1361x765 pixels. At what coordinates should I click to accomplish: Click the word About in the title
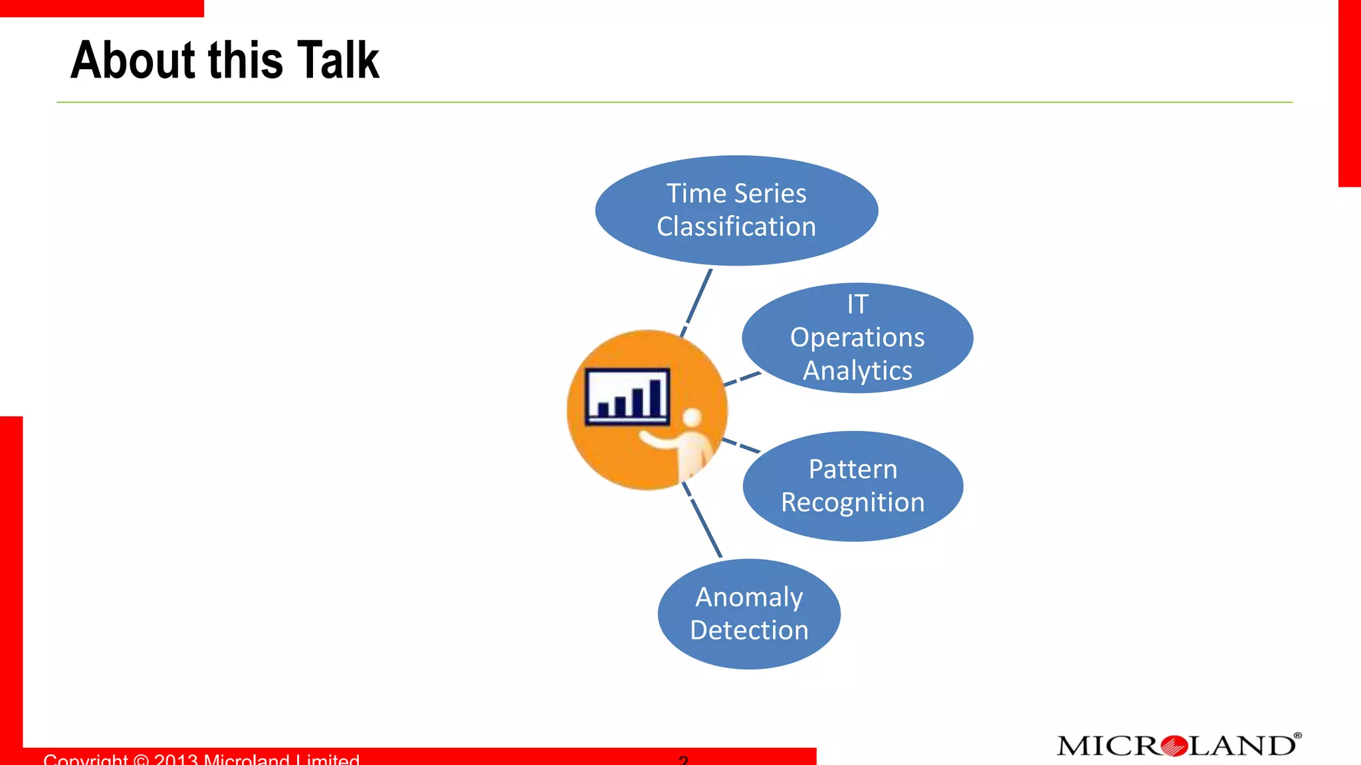(134, 60)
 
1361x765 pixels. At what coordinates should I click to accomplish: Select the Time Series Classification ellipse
(736, 211)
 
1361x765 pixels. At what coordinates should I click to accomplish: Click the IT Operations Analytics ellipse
(857, 338)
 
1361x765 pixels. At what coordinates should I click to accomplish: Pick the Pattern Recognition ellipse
(853, 486)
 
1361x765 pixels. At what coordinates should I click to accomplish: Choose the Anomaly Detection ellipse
(749, 614)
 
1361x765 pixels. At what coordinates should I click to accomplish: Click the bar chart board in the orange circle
(627, 396)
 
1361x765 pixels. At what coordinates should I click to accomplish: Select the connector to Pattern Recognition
(741, 446)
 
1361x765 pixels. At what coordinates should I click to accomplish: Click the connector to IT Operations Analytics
(742, 379)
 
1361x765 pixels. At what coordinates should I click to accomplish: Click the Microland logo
(1178, 746)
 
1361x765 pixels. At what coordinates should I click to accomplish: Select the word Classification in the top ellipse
(736, 227)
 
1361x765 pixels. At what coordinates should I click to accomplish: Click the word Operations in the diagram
(857, 338)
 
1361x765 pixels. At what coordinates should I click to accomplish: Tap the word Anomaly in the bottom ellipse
(749, 597)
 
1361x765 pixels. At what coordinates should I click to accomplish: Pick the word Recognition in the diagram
(853, 503)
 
